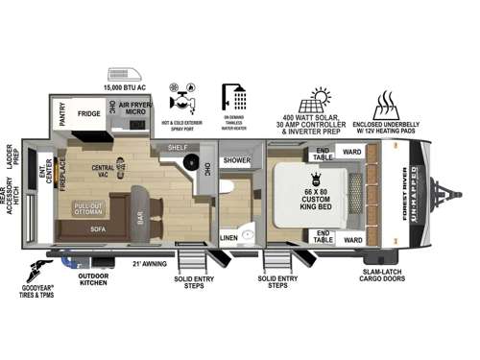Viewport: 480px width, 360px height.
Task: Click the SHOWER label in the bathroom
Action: coord(236,160)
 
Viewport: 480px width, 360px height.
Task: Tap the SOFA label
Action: coord(97,229)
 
